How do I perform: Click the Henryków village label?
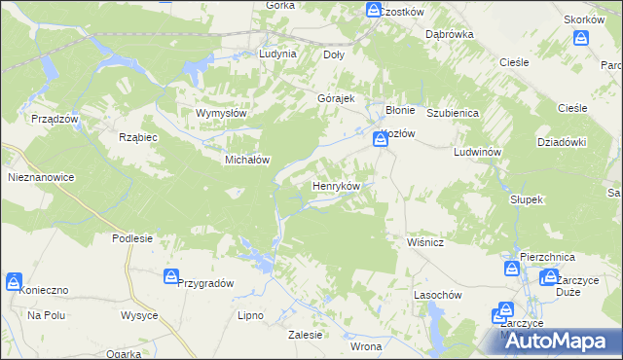(x=337, y=185)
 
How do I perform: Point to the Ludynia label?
(x=277, y=54)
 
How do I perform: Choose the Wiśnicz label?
(x=424, y=242)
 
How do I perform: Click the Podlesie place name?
(x=132, y=238)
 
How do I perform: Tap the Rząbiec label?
(x=137, y=137)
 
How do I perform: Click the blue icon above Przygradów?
(x=171, y=277)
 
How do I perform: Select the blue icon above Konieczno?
(x=14, y=282)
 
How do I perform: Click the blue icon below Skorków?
(x=581, y=38)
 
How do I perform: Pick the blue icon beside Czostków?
(x=374, y=10)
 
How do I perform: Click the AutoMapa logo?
(x=556, y=341)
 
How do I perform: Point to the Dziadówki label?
(x=561, y=141)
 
